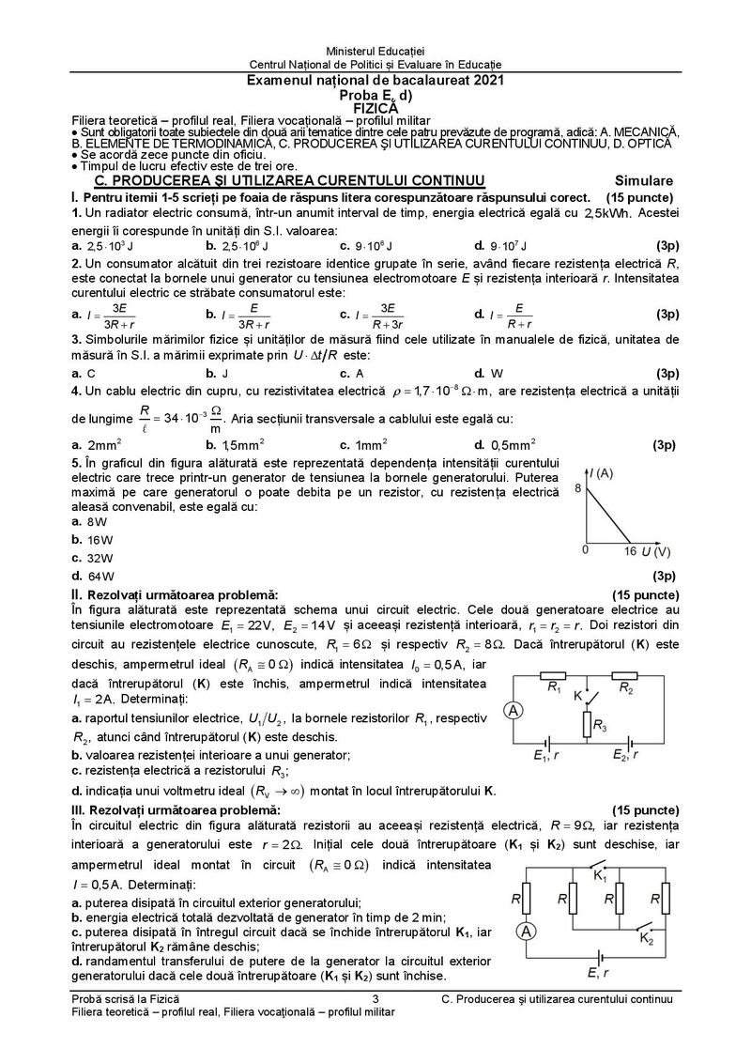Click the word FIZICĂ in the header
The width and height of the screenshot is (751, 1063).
[x=375, y=108]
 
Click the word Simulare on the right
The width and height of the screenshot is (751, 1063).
[x=644, y=179]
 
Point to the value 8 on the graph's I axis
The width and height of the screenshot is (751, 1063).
[x=579, y=489]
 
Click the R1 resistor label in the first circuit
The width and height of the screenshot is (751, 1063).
[x=555, y=688]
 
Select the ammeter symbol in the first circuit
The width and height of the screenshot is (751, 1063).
[x=514, y=711]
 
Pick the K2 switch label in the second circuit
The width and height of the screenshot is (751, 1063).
[x=645, y=937]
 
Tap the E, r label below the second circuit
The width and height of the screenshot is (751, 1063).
[x=598, y=973]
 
